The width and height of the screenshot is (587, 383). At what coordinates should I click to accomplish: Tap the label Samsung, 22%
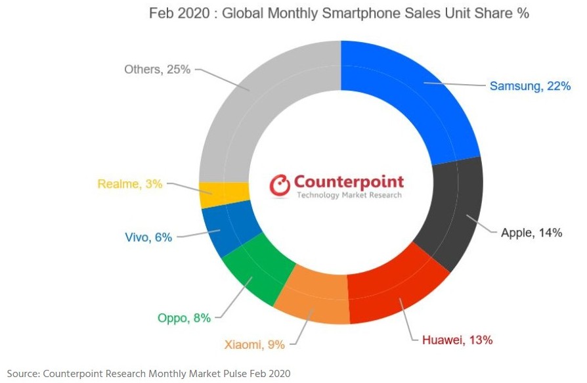[530, 86]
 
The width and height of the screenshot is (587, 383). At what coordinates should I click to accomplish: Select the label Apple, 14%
[531, 233]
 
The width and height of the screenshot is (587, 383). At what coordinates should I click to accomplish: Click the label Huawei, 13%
[457, 340]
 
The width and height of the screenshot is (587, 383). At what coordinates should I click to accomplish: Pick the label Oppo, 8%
[184, 319]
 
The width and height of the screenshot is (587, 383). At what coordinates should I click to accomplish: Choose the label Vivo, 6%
[148, 237]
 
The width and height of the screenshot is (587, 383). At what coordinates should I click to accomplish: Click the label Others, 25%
[157, 69]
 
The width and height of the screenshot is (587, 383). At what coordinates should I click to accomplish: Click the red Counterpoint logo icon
[281, 185]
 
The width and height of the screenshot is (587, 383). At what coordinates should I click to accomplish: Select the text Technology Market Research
[349, 195]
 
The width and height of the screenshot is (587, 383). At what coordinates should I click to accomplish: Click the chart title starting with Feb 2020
[339, 13]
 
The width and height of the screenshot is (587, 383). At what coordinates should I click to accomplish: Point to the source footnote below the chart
[148, 373]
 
